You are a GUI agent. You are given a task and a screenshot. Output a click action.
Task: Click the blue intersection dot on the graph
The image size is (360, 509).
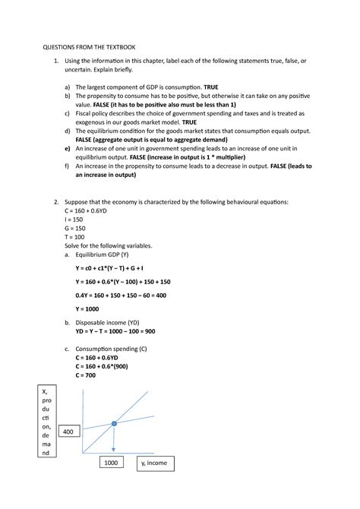click(x=114, y=423)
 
